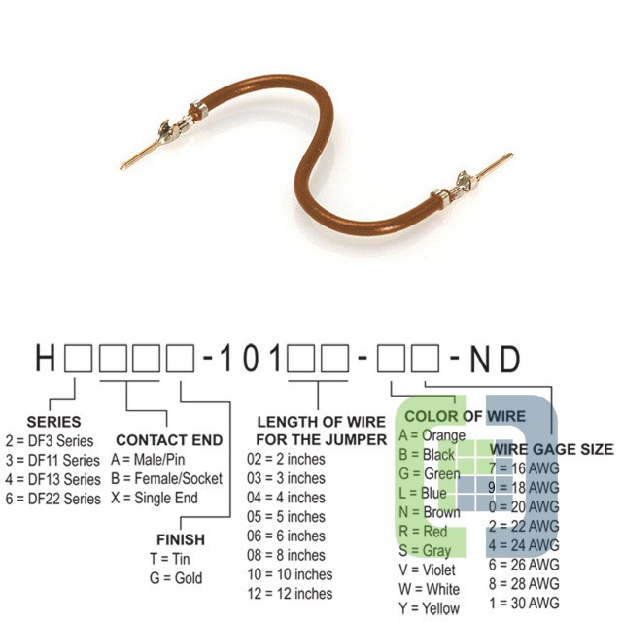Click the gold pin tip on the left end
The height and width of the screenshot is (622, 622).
(122, 167)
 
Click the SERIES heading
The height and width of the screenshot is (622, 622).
(53, 421)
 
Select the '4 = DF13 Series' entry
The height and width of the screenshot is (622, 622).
(53, 479)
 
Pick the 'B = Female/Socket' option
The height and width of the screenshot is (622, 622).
(166, 478)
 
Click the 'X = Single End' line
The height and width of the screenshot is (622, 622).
(155, 498)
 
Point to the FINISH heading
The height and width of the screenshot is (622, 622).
(181, 539)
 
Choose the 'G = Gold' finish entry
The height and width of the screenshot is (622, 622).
(176, 578)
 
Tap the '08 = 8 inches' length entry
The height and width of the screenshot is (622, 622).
(286, 555)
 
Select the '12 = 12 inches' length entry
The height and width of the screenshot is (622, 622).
(290, 594)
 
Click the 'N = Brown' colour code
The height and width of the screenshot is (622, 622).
(430, 512)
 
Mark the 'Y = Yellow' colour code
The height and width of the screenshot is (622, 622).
(430, 608)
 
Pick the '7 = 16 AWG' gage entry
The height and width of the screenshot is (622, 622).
(524, 468)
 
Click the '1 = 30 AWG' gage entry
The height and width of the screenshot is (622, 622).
(524, 603)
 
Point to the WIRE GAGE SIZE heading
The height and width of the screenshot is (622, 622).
(551, 449)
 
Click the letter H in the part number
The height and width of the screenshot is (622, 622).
(45, 358)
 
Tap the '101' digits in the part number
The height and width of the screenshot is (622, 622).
(250, 358)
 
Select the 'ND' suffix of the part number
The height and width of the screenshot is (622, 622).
(495, 359)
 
